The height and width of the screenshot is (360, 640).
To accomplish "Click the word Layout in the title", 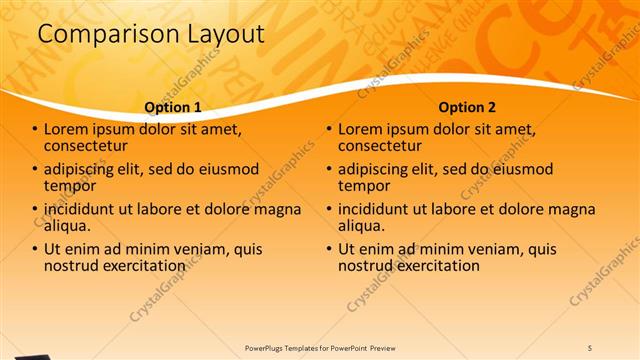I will pos(226,35).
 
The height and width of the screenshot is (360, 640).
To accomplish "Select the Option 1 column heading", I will pos(173,107).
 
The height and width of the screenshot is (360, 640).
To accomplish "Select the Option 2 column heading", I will pos(467,107).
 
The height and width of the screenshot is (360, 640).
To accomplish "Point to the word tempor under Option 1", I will pos(70,186).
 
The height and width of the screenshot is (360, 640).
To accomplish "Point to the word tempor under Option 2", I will pos(364,186).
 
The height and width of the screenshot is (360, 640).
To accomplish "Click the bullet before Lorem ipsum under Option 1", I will pos(35,130).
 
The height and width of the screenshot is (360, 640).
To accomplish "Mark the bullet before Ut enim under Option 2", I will pos(329,250).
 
